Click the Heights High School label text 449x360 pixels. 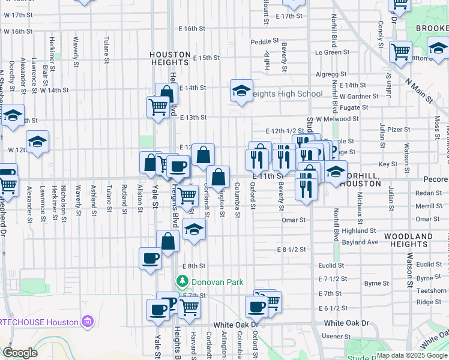tap(286, 94)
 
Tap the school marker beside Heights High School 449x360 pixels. tap(241, 91)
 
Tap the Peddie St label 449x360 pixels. tap(265, 42)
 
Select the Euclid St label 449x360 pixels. tap(331, 265)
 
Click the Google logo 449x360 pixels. tap(20, 352)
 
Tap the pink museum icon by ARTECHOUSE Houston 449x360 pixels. tap(88, 322)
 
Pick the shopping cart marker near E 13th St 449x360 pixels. tap(158, 107)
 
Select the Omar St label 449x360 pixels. tap(294, 220)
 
